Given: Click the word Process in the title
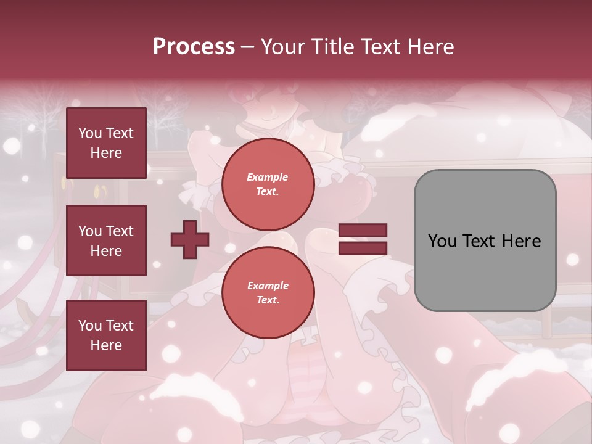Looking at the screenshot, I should point(194,47).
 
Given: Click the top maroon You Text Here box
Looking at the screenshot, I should point(106,143).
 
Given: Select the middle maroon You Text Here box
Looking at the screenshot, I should point(106,240).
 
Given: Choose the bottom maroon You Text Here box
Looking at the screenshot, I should point(106,335).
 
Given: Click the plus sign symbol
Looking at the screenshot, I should point(190,240).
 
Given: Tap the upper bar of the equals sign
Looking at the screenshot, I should point(363,231).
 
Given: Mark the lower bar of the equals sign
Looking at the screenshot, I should point(363,248).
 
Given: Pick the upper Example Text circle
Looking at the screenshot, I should point(268,184).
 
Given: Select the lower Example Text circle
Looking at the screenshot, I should point(268,293).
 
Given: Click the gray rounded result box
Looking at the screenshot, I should point(485,240).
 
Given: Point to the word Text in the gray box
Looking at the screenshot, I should point(478,241).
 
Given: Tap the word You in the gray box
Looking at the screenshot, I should point(442,241).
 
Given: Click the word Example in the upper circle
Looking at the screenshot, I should point(268,177).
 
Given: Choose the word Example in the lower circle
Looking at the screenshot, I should point(268,286).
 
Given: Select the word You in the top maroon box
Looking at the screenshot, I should point(89,133).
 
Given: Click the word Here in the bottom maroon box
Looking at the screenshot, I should point(106,345).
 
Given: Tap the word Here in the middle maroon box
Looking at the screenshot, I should point(106,251).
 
